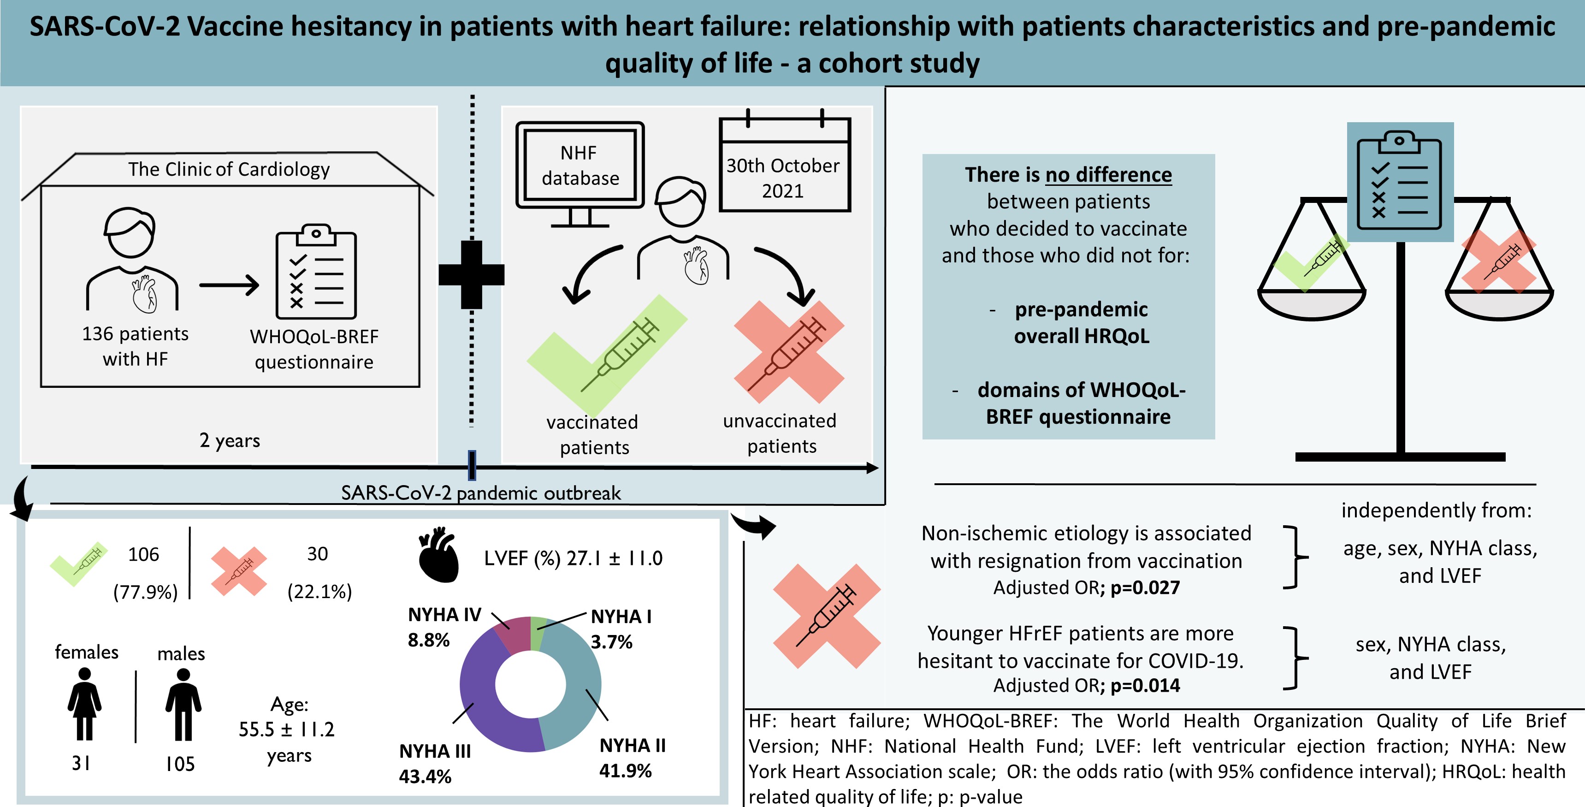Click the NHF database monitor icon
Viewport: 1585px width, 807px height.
(x=580, y=173)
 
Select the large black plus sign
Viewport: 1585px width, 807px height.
(x=471, y=274)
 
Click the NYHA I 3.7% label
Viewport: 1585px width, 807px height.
(x=620, y=629)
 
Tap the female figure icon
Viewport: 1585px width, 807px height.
(x=84, y=704)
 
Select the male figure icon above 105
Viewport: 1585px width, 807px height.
(x=183, y=704)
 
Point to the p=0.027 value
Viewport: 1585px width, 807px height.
(x=1145, y=588)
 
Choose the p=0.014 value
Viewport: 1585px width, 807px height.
(x=1145, y=686)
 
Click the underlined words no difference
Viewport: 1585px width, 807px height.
(x=1108, y=175)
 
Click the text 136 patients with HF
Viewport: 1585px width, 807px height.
(x=136, y=346)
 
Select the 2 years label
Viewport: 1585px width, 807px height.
(x=230, y=441)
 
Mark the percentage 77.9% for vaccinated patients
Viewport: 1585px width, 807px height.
(x=145, y=592)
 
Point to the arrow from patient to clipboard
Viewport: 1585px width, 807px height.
(x=229, y=285)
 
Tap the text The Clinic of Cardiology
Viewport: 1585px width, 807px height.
(x=229, y=169)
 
